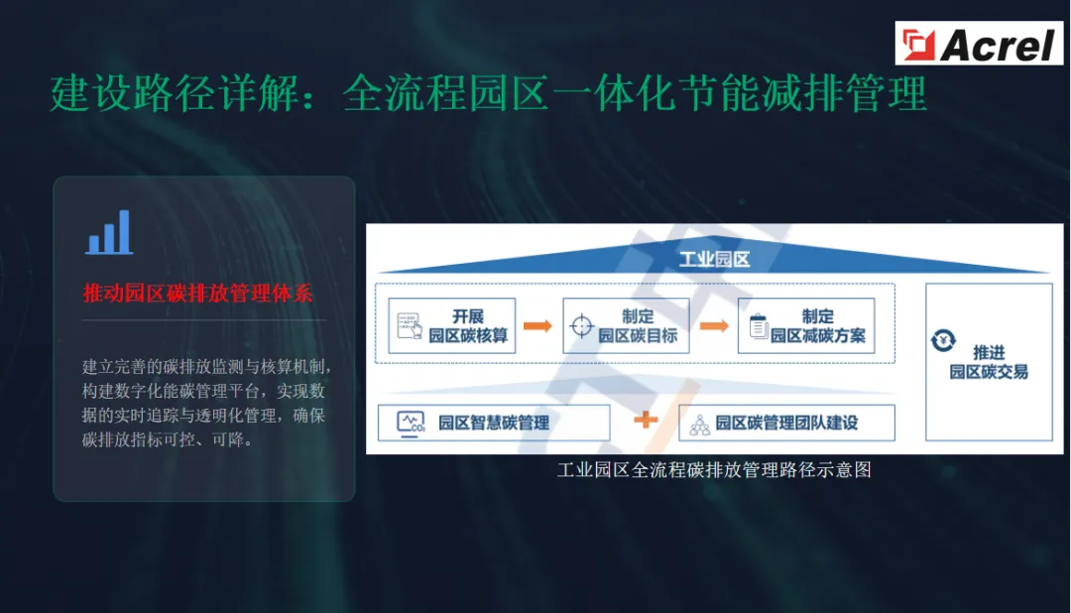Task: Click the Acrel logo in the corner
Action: [x=980, y=44]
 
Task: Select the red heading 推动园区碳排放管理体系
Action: [x=198, y=294]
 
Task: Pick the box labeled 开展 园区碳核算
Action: [x=452, y=325]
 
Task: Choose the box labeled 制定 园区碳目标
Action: [x=626, y=325]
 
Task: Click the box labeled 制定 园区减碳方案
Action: [x=805, y=325]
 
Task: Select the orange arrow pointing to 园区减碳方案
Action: [x=713, y=325]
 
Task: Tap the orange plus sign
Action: [x=646, y=420]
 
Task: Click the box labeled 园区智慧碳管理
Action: [x=494, y=423]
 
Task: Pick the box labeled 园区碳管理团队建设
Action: [x=786, y=423]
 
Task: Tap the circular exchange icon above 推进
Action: [x=943, y=341]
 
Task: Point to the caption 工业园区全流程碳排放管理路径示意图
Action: [x=714, y=470]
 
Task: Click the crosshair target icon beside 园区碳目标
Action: [x=581, y=325]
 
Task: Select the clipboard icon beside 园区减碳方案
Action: [x=759, y=325]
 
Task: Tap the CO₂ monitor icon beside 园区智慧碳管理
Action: [x=411, y=423]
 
